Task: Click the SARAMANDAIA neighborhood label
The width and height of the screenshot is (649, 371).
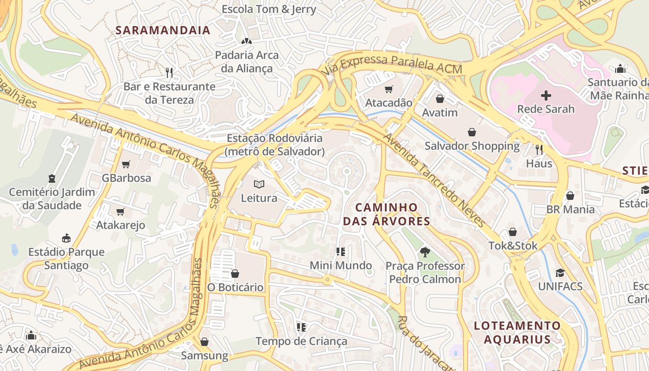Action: click(163, 31)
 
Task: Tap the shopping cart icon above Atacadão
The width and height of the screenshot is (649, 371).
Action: click(388, 89)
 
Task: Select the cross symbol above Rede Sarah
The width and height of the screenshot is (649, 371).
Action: click(546, 96)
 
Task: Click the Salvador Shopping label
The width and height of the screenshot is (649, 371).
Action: click(472, 146)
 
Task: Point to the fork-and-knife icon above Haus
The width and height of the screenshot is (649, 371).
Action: click(539, 149)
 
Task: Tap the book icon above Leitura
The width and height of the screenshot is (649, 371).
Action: click(259, 184)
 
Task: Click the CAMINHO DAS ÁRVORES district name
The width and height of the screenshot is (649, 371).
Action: click(387, 214)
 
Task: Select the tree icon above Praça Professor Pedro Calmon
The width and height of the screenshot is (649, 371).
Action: click(425, 252)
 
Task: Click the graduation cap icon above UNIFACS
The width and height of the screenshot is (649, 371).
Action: click(560, 273)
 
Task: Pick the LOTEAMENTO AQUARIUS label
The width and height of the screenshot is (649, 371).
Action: click(517, 332)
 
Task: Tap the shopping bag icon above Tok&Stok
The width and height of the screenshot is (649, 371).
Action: click(513, 232)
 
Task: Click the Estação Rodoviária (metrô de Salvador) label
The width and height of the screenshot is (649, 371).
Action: click(274, 145)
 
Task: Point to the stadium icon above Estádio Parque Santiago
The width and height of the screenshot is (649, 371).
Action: click(66, 238)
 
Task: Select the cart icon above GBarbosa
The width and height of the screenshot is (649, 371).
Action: click(126, 164)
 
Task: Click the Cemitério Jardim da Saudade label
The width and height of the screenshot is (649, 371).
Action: click(52, 198)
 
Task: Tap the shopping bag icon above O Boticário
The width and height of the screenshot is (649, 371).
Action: click(235, 274)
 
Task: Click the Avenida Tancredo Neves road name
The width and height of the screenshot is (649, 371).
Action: click(434, 181)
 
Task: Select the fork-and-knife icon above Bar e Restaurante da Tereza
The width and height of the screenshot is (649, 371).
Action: click(169, 72)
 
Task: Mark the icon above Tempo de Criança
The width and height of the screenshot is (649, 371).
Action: click(301, 327)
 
